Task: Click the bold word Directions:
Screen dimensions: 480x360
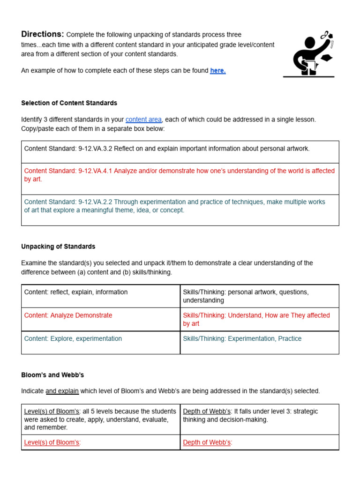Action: coord(42,34)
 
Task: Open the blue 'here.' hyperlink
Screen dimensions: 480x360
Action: coord(217,71)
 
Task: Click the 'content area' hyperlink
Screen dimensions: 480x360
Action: coord(143,120)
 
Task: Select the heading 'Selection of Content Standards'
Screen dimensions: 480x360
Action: coord(69,103)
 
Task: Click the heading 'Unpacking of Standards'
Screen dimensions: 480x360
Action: coord(58,247)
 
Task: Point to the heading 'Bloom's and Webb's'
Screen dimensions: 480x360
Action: coord(52,375)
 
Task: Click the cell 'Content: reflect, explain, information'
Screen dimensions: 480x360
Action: coord(76,292)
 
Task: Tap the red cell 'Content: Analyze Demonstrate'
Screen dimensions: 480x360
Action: coord(68,315)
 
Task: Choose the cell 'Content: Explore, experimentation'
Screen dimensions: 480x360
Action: coord(73,339)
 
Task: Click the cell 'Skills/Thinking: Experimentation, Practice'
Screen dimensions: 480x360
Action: coord(242,339)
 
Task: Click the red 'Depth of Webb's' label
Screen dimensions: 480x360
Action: coord(207,442)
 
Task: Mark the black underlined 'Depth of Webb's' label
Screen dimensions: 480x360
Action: coord(207,412)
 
